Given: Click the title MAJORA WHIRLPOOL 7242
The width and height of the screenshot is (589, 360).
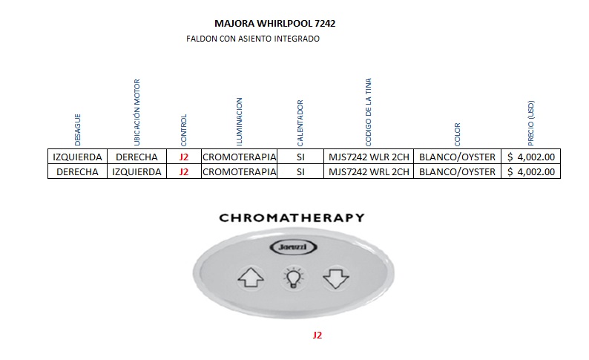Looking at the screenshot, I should [x=274, y=24].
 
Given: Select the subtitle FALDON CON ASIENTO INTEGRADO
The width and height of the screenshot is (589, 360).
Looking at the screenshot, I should [x=253, y=39].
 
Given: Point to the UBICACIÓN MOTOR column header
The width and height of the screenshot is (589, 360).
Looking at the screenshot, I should [x=136, y=112].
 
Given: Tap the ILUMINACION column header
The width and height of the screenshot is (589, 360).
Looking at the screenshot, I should [x=239, y=121].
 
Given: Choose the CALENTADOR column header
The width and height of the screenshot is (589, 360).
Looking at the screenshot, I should [x=300, y=123].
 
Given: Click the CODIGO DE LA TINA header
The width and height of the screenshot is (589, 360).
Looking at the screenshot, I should [x=369, y=112].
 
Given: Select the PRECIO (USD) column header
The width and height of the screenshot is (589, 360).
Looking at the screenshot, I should [x=530, y=122].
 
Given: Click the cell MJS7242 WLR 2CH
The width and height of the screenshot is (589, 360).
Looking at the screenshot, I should [x=369, y=157].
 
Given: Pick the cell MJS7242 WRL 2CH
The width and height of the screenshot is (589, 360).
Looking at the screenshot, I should [x=369, y=171].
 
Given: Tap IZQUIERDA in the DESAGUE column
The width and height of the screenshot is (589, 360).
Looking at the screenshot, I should [x=77, y=157].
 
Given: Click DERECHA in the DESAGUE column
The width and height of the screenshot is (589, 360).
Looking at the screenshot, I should [x=77, y=171].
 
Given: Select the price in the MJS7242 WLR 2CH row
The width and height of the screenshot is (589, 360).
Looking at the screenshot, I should [x=530, y=157].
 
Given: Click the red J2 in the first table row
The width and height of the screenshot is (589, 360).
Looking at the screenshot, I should [x=184, y=157].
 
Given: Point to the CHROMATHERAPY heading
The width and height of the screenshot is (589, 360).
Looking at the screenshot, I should [x=292, y=217].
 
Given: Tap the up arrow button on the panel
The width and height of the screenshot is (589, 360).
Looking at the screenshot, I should [x=250, y=279].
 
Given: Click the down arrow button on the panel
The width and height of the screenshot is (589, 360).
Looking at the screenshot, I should [x=335, y=279].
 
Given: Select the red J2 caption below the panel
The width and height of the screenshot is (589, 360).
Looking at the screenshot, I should [x=317, y=335].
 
